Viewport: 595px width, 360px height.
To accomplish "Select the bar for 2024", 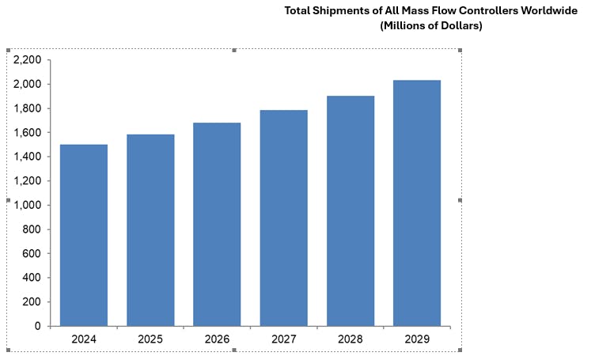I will point(84,235).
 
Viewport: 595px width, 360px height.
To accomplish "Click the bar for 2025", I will point(150,230).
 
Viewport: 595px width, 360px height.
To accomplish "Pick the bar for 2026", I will point(217,224).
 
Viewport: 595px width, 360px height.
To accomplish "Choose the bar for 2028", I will point(350,210).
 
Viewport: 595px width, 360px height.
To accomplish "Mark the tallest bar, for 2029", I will point(416,203).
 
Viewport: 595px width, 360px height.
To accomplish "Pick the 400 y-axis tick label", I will point(32,278).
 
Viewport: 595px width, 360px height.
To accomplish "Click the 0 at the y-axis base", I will point(38,326).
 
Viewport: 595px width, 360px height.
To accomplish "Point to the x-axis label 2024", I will point(84,339).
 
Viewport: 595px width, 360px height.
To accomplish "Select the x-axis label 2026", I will point(217,339).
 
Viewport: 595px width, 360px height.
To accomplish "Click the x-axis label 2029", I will point(416,339).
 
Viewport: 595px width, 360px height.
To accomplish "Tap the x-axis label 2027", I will point(283,339).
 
